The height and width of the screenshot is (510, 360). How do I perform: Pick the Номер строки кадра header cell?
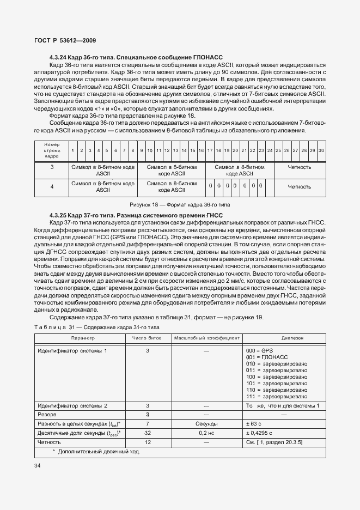pos(52,150)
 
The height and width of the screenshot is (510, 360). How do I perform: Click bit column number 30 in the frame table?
pos(321,150)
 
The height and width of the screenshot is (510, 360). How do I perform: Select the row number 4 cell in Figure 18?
pos(52,186)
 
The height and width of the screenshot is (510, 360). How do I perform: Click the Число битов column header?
pos(147,338)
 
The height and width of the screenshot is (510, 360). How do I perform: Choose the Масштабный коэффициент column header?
pos(206,338)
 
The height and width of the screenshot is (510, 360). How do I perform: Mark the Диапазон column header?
pos(284,338)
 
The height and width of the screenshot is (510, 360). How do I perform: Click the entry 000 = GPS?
pos(259,350)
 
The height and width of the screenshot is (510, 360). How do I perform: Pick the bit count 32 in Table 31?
pos(147,433)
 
